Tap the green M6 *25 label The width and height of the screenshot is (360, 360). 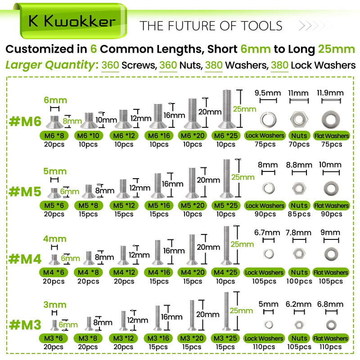226,136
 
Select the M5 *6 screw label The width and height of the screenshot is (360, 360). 54,206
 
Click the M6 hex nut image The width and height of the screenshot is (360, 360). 299,120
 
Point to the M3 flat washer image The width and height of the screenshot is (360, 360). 331,324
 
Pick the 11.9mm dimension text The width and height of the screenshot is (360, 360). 330,93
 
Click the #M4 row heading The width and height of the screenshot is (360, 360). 25,259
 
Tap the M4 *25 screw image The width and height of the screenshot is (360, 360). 227,245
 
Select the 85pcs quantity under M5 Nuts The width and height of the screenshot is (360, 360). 299,214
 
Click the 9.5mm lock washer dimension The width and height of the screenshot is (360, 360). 268,93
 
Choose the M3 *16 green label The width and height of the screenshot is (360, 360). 158,338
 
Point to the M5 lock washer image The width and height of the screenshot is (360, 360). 268,188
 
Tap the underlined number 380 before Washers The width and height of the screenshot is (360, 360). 214,65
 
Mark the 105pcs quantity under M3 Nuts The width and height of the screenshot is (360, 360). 299,346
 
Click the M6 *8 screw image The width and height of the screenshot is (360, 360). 54,121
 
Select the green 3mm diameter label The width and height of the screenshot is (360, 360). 55,305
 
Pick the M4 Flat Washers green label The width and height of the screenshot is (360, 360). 331,273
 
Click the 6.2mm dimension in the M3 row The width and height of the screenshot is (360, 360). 298,305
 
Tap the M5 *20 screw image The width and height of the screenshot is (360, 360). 192,183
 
